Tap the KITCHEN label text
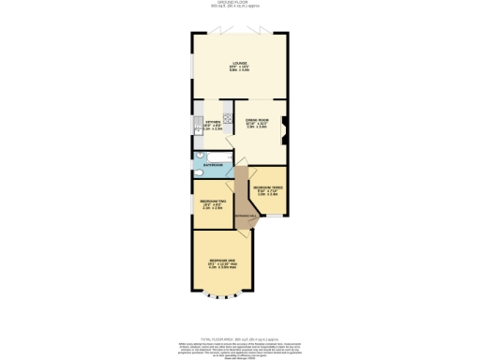[x=212, y=121]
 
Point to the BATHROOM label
[x=214, y=163]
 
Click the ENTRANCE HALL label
[x=241, y=217]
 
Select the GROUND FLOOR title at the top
[x=240, y=3]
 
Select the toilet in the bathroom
[x=199, y=169]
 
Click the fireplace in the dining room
[x=286, y=123]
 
